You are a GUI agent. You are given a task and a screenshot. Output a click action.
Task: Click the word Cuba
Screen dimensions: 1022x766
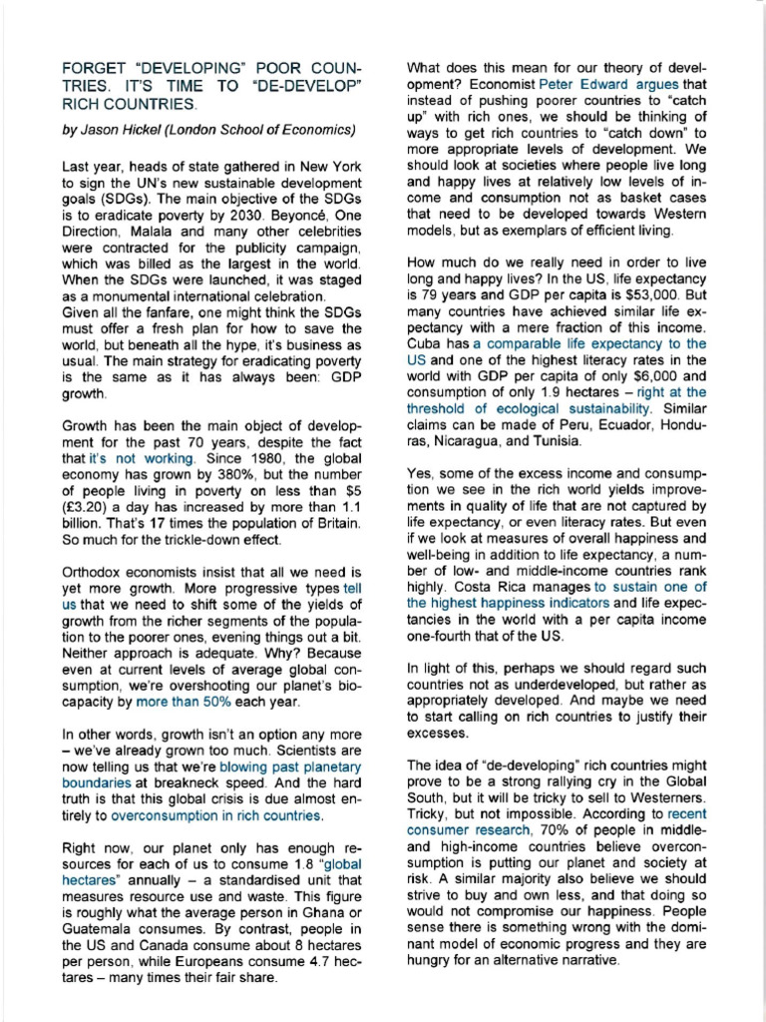[426, 342]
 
